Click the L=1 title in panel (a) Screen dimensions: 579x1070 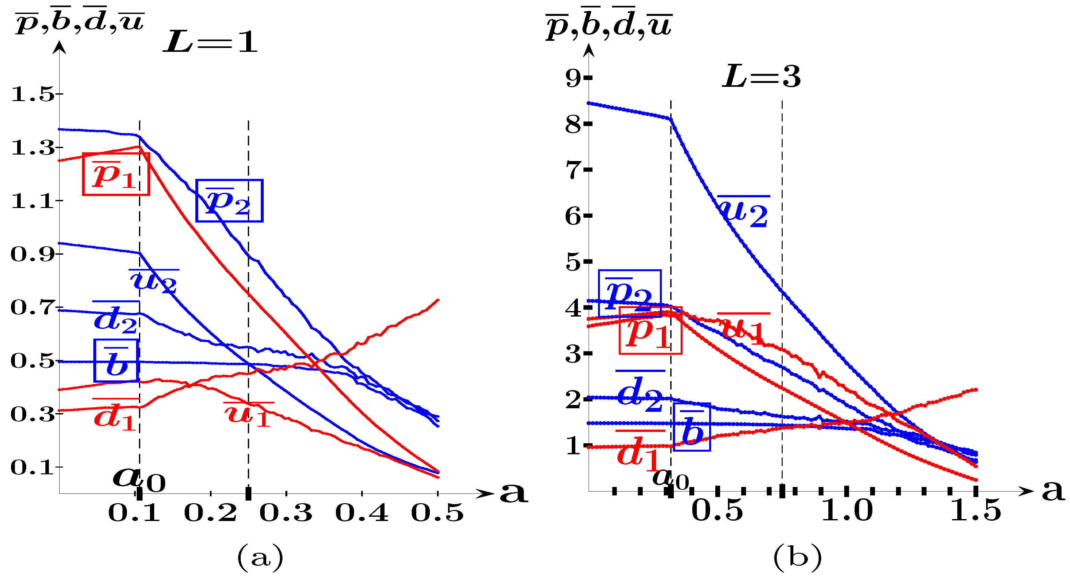pyautogui.click(x=210, y=42)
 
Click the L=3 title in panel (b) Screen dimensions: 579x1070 pyautogui.click(x=761, y=77)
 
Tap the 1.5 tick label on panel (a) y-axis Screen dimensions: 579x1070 pyautogui.click(x=32, y=94)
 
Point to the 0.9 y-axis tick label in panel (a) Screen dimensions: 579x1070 pyautogui.click(x=32, y=254)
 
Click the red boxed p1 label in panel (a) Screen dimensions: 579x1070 pyautogui.click(x=116, y=174)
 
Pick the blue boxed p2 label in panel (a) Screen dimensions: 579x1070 pyautogui.click(x=229, y=201)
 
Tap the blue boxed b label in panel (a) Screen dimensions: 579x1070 pyautogui.click(x=116, y=361)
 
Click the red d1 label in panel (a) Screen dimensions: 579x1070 pyautogui.click(x=115, y=416)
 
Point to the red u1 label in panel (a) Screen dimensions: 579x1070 pyautogui.click(x=248, y=414)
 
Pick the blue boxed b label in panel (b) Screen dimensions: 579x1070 pyautogui.click(x=692, y=427)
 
